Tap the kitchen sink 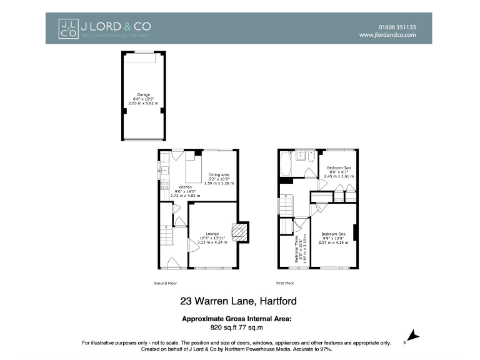coord(164,169)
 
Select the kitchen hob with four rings coord(164,184)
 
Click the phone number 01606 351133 coord(397,27)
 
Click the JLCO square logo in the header coord(67,28)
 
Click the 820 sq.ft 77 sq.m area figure coord(237,326)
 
